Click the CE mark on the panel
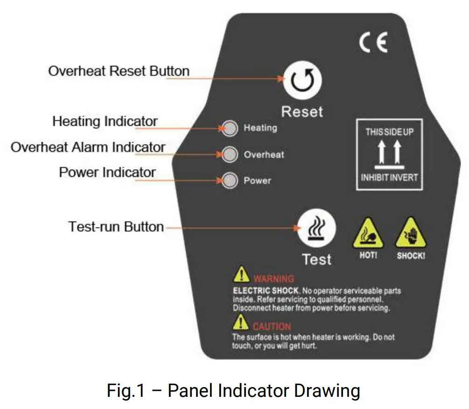pyautogui.click(x=373, y=43)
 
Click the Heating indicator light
pyautogui.click(x=229, y=128)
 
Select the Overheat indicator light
pyautogui.click(x=229, y=154)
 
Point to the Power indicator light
pyautogui.click(x=229, y=180)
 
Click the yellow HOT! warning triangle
pyautogui.click(x=368, y=234)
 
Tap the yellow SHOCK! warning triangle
pyautogui.click(x=410, y=234)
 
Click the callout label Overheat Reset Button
pyautogui.click(x=119, y=72)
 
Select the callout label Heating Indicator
pyautogui.click(x=105, y=122)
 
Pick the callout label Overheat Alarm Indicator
pyautogui.click(x=88, y=147)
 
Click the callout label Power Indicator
pyautogui.click(x=107, y=172)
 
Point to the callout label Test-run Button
pyautogui.click(x=116, y=227)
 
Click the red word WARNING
pyautogui.click(x=273, y=279)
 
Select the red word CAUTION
pyautogui.click(x=272, y=326)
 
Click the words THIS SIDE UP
pyautogui.click(x=389, y=132)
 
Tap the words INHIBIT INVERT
pyautogui.click(x=389, y=178)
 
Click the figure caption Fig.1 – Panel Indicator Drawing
pyautogui.click(x=233, y=390)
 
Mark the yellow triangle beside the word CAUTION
pyautogui.click(x=240, y=323)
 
